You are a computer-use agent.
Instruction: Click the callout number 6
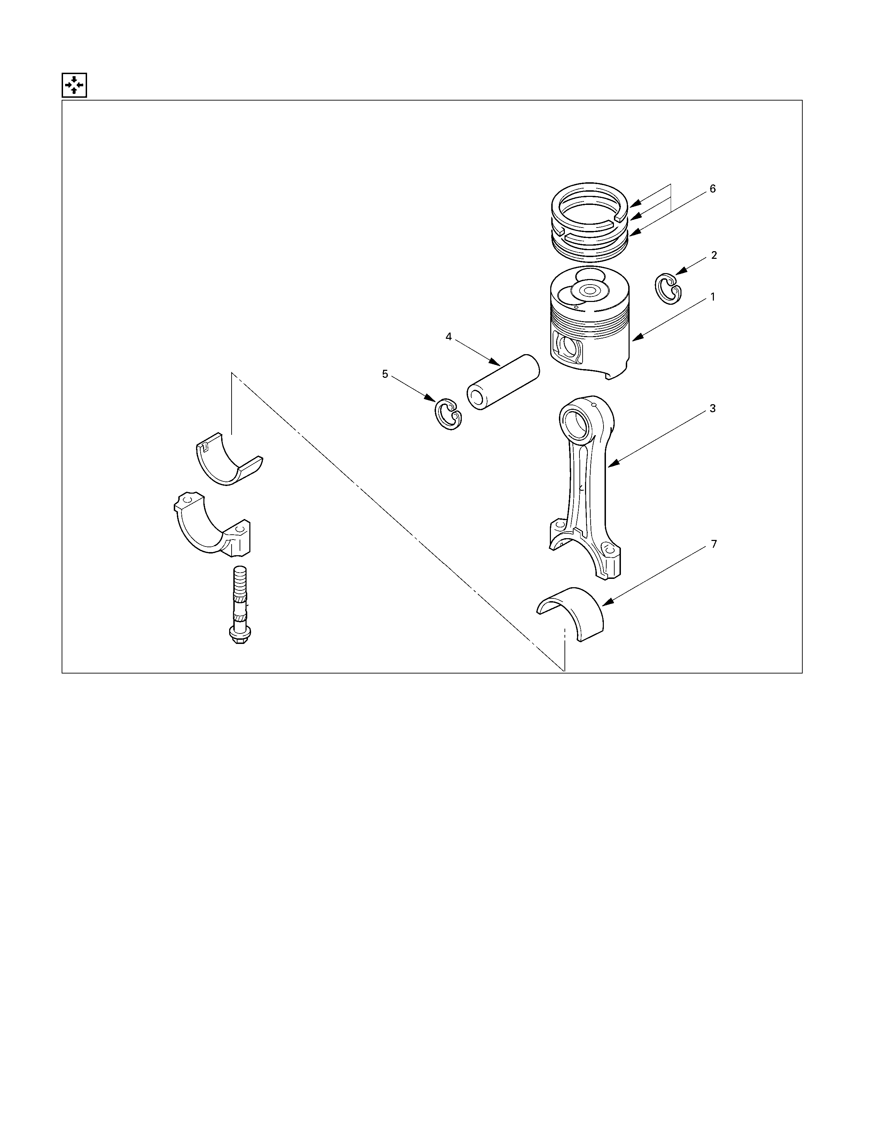713,189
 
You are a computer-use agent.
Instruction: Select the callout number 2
714,255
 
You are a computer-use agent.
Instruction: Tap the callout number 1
713,297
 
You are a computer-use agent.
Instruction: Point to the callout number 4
449,336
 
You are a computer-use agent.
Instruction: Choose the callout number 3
713,408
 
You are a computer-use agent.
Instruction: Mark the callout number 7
714,544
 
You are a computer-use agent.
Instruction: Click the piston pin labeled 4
504,382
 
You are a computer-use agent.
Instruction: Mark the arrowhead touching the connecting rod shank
613,464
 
